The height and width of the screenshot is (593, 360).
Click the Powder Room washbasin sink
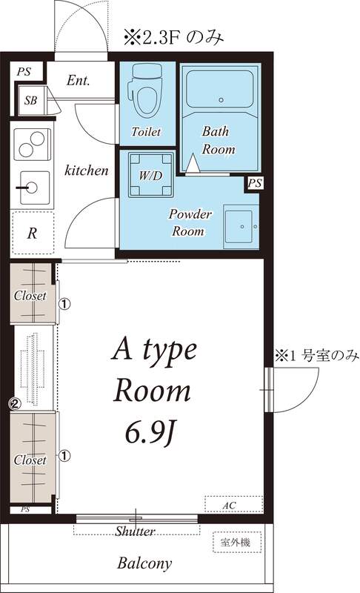point(241,225)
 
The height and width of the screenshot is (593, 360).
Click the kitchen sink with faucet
point(31,188)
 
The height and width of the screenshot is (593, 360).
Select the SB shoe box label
point(30,100)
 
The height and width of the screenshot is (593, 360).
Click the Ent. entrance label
point(78,80)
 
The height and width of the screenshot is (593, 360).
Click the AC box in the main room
point(233,505)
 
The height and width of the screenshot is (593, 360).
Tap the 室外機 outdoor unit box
point(236,543)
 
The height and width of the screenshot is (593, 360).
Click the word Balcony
point(144,563)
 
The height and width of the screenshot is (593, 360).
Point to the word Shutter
point(135,531)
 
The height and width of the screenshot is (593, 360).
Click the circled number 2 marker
point(13,404)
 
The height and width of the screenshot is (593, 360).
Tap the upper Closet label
point(30,295)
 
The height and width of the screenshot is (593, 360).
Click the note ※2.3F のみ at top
point(173,35)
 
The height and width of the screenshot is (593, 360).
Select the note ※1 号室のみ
point(317,356)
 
